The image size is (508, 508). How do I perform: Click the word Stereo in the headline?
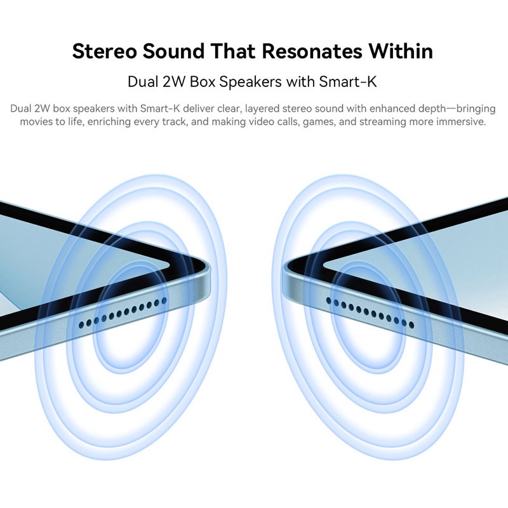(x=104, y=51)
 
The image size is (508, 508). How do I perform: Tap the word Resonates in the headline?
(x=311, y=51)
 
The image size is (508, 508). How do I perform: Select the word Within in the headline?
(x=401, y=51)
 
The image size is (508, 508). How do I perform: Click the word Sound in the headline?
(x=173, y=51)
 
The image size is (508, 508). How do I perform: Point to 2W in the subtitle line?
(x=173, y=81)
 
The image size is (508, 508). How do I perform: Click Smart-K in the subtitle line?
(x=347, y=81)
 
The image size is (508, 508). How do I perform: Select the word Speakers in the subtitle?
(x=250, y=82)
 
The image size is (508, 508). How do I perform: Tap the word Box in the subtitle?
(x=203, y=81)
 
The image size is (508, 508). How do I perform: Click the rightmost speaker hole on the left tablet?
(x=164, y=300)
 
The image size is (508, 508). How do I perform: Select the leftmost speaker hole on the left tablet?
(x=81, y=324)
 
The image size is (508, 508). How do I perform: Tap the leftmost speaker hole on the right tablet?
(x=329, y=301)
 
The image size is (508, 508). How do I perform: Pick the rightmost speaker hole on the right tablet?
(x=411, y=324)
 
